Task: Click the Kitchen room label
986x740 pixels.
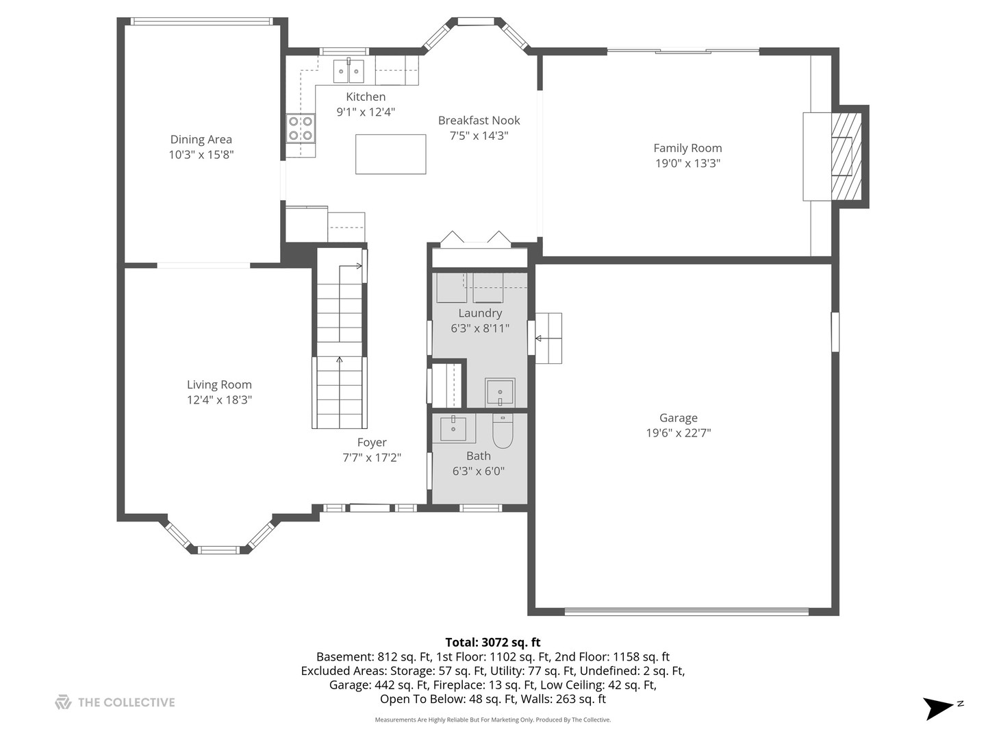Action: coord(366,97)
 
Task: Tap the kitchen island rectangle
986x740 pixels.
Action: coord(390,154)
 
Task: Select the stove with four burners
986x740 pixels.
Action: coord(301,127)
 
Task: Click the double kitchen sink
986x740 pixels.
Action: coord(349,71)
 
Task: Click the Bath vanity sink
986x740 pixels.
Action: coord(453,428)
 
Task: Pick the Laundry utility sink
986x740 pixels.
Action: coord(500,393)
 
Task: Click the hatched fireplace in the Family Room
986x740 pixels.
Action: coord(846,156)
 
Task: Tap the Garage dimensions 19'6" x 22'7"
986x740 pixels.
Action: coord(679,433)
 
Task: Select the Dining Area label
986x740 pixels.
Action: coord(201,139)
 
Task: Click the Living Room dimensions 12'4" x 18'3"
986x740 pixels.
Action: coord(219,400)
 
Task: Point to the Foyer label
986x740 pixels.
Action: coord(372,443)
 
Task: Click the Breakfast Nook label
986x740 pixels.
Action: coord(479,121)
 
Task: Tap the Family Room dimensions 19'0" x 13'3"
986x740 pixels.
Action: coord(687,163)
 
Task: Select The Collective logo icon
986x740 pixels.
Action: coord(63,702)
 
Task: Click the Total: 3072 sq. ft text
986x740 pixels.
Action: coord(493,642)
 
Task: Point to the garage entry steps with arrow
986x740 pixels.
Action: coord(548,338)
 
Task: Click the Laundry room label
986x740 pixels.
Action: coord(480,313)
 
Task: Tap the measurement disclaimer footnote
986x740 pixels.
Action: coord(493,720)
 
